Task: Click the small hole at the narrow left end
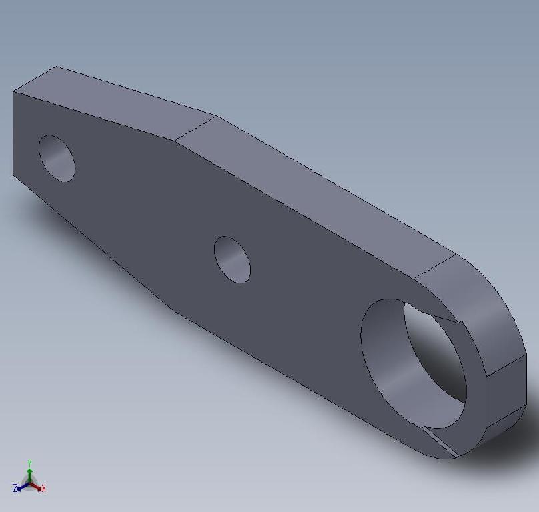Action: point(57,158)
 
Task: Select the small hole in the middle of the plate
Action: point(232,259)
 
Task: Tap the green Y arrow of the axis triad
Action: point(29,469)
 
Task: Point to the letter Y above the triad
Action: point(30,462)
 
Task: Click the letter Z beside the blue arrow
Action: point(15,489)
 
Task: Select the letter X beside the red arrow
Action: point(43,489)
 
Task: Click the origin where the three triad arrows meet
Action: point(30,482)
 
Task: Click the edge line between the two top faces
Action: point(197,128)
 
